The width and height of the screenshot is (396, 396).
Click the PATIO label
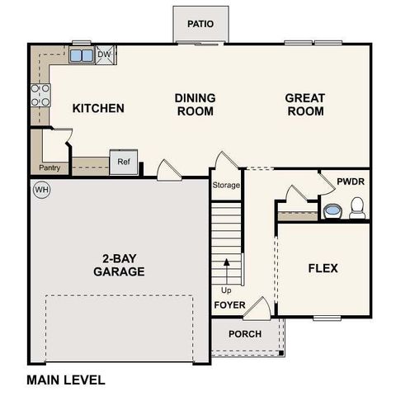click(200, 24)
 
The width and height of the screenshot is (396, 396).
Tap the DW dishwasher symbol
click(104, 55)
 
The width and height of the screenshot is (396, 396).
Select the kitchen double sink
click(82, 55)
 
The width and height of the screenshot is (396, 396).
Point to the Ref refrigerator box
click(123, 162)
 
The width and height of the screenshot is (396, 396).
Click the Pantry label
click(49, 168)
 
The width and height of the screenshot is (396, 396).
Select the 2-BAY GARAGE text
click(119, 265)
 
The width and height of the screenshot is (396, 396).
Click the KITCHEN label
click(98, 108)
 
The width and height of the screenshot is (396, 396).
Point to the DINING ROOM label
click(195, 104)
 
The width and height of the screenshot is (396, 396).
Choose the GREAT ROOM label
click(304, 104)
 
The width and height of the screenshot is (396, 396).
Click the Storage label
click(226, 185)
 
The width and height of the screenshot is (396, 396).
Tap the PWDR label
click(351, 181)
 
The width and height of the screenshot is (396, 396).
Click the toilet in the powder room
click(357, 211)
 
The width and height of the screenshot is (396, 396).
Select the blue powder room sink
click(332, 211)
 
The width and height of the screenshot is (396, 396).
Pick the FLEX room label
click(323, 268)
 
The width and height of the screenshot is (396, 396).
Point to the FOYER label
click(229, 305)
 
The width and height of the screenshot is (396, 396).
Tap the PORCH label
click(245, 334)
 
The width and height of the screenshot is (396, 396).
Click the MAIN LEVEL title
click(66, 380)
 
